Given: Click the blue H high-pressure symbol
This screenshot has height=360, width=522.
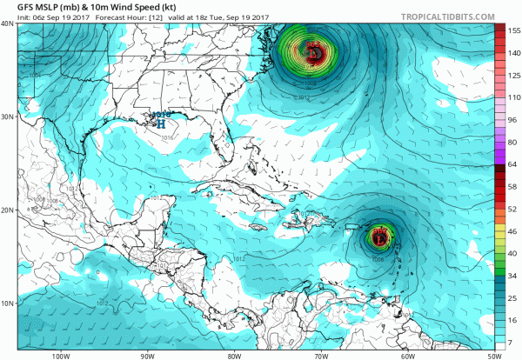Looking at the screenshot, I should click(x=160, y=123).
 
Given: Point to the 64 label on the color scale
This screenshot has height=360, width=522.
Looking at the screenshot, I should click(x=502, y=164).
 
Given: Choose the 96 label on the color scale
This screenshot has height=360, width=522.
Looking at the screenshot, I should click(x=502, y=119).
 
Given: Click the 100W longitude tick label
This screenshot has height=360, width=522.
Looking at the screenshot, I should click(x=60, y=355).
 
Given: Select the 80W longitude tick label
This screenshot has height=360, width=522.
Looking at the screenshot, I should click(x=233, y=355).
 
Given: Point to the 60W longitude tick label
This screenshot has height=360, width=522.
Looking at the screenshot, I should click(x=406, y=355).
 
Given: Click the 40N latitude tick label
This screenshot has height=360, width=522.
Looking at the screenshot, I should click(x=8, y=24).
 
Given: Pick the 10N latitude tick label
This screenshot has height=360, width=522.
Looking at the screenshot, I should click(x=8, y=303).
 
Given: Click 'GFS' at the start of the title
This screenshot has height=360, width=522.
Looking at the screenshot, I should click(x=13, y=8).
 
